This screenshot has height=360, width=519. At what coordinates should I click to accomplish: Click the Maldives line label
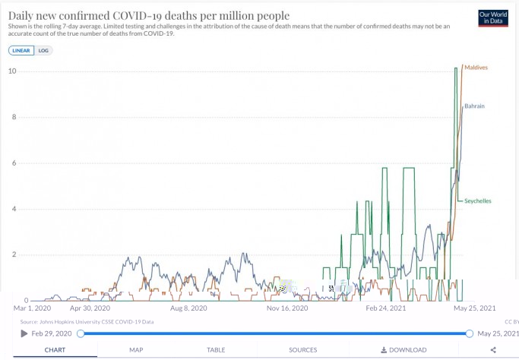point(476,68)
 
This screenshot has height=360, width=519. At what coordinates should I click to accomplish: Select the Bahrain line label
point(474,106)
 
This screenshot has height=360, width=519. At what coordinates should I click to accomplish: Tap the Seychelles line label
point(478,201)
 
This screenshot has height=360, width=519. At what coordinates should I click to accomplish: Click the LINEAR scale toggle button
point(21,50)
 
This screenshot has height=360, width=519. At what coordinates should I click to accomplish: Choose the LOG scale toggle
point(43,50)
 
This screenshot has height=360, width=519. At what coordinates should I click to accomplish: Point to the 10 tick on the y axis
point(11,71)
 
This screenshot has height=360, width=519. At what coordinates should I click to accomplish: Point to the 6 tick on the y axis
point(13,163)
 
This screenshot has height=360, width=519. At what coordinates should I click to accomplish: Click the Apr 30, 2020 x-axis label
point(90,308)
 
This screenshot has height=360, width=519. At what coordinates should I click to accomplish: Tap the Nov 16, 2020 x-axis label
point(287,308)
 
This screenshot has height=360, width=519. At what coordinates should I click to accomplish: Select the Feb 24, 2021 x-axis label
point(387,308)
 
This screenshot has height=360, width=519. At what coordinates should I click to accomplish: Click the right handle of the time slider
point(469,333)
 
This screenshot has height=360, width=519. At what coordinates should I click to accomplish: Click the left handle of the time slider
point(81,333)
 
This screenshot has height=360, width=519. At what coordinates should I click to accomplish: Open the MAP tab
point(136,350)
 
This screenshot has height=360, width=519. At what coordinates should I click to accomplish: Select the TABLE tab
point(216,350)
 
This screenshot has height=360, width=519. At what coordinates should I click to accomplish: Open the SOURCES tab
point(302,350)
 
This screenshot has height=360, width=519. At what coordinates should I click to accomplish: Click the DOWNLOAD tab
point(403,350)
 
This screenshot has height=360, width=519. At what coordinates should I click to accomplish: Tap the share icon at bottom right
point(493,350)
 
